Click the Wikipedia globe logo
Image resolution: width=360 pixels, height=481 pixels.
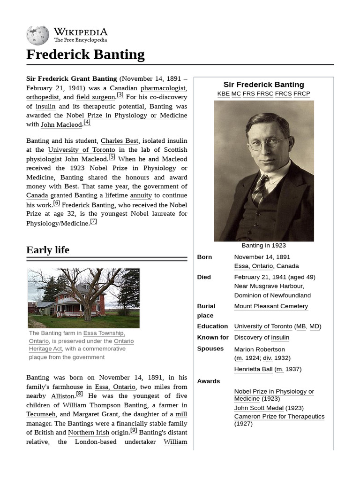point(37,35)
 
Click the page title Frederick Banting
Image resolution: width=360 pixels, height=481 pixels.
point(85,54)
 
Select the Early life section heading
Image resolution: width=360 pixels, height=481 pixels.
point(48,250)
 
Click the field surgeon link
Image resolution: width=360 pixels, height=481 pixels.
point(96,97)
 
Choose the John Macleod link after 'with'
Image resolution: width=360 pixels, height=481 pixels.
point(61,124)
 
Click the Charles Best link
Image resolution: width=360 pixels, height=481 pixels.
point(120,140)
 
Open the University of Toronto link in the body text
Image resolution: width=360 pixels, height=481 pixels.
point(81,150)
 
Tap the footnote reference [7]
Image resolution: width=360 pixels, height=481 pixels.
point(93,222)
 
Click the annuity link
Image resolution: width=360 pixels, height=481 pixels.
point(141,195)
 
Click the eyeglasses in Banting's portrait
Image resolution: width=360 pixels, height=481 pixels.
point(268,142)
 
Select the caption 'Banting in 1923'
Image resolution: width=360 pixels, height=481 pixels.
point(263,245)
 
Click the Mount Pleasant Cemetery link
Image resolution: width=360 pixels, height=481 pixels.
point(271,306)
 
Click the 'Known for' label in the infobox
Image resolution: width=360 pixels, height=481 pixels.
point(213,337)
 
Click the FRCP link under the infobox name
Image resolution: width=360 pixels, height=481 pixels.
point(302,93)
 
